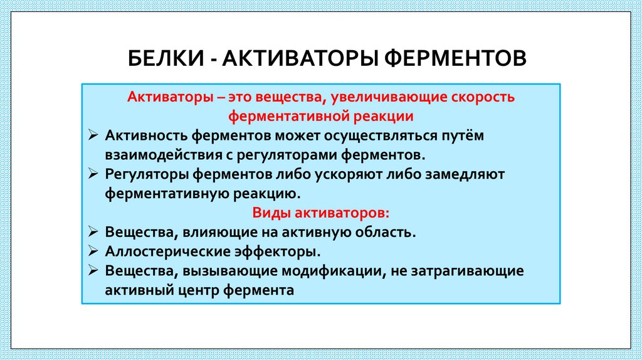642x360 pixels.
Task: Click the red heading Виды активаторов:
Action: (x=320, y=212)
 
